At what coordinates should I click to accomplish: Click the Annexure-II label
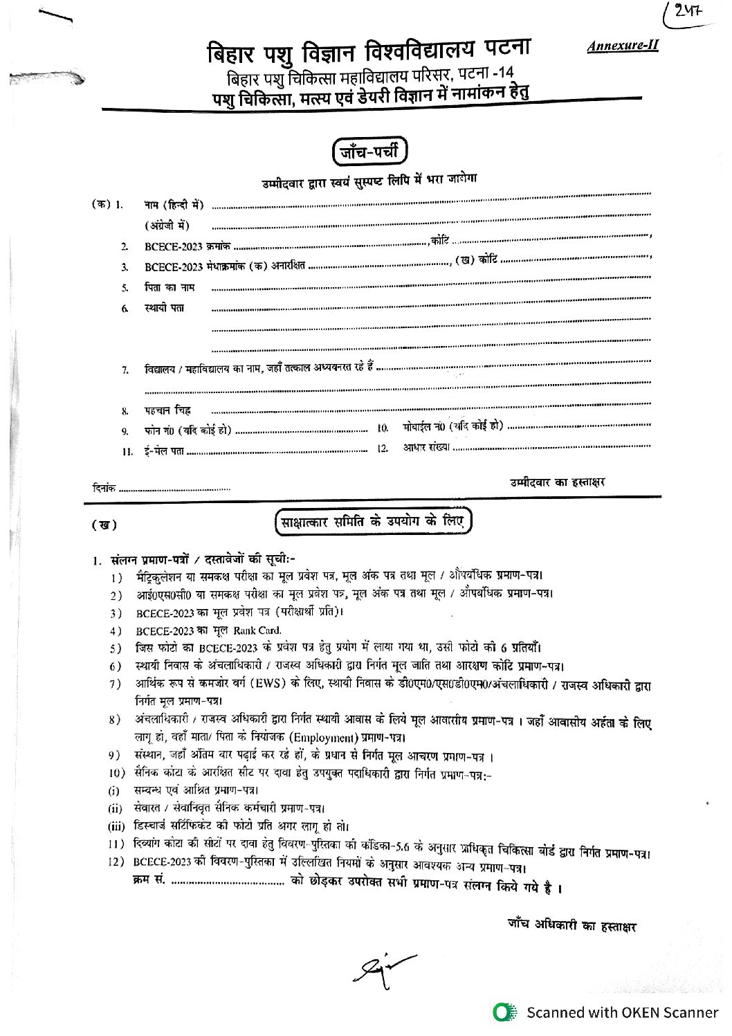click(623, 46)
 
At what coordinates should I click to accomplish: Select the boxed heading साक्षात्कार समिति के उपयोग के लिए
click(372, 520)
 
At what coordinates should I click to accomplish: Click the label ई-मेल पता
click(165, 451)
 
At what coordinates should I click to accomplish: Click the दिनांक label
click(104, 488)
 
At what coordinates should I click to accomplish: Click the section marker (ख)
click(104, 525)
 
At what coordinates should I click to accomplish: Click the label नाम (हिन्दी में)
click(174, 205)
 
